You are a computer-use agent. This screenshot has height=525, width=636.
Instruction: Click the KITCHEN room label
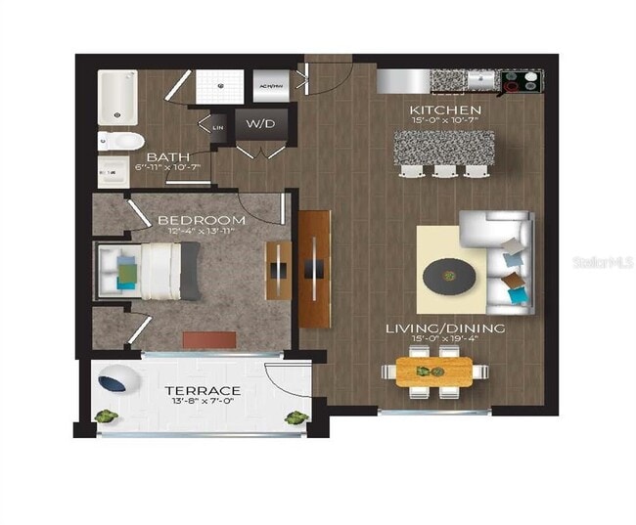coord(445,109)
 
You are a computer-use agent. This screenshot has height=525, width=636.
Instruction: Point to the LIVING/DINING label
coord(445,328)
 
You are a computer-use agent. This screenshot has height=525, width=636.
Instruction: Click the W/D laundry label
coord(258,124)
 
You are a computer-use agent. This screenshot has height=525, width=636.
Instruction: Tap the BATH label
coord(166,157)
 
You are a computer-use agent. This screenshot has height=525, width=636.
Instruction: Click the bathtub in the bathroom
coord(116,98)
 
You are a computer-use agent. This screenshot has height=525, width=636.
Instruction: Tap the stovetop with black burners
coord(522,81)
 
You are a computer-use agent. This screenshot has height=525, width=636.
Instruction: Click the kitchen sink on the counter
coord(481,79)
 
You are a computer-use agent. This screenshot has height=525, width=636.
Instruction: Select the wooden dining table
coord(432,372)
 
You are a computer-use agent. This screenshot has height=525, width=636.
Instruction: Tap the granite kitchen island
coord(445,148)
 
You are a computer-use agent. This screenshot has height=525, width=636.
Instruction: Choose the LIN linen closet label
coord(217,125)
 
